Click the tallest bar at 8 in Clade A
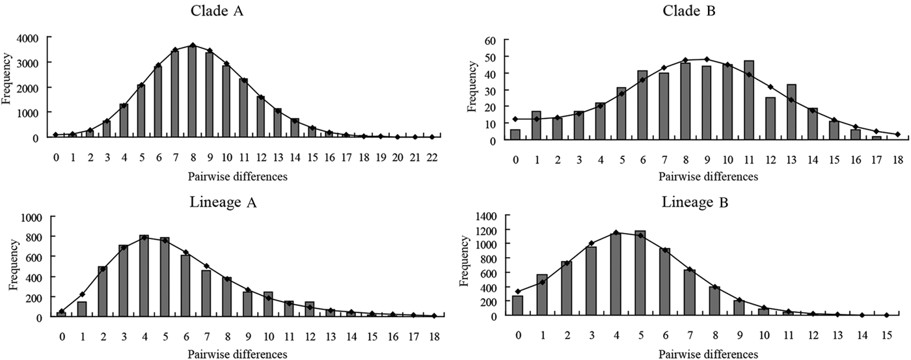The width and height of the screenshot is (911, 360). point(192,91)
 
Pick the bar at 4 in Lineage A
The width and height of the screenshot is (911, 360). point(144,276)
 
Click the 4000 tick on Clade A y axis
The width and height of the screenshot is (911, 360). point(32,38)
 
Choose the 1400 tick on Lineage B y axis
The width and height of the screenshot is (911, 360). point(487,216)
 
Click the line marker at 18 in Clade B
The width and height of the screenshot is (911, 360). point(897,134)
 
